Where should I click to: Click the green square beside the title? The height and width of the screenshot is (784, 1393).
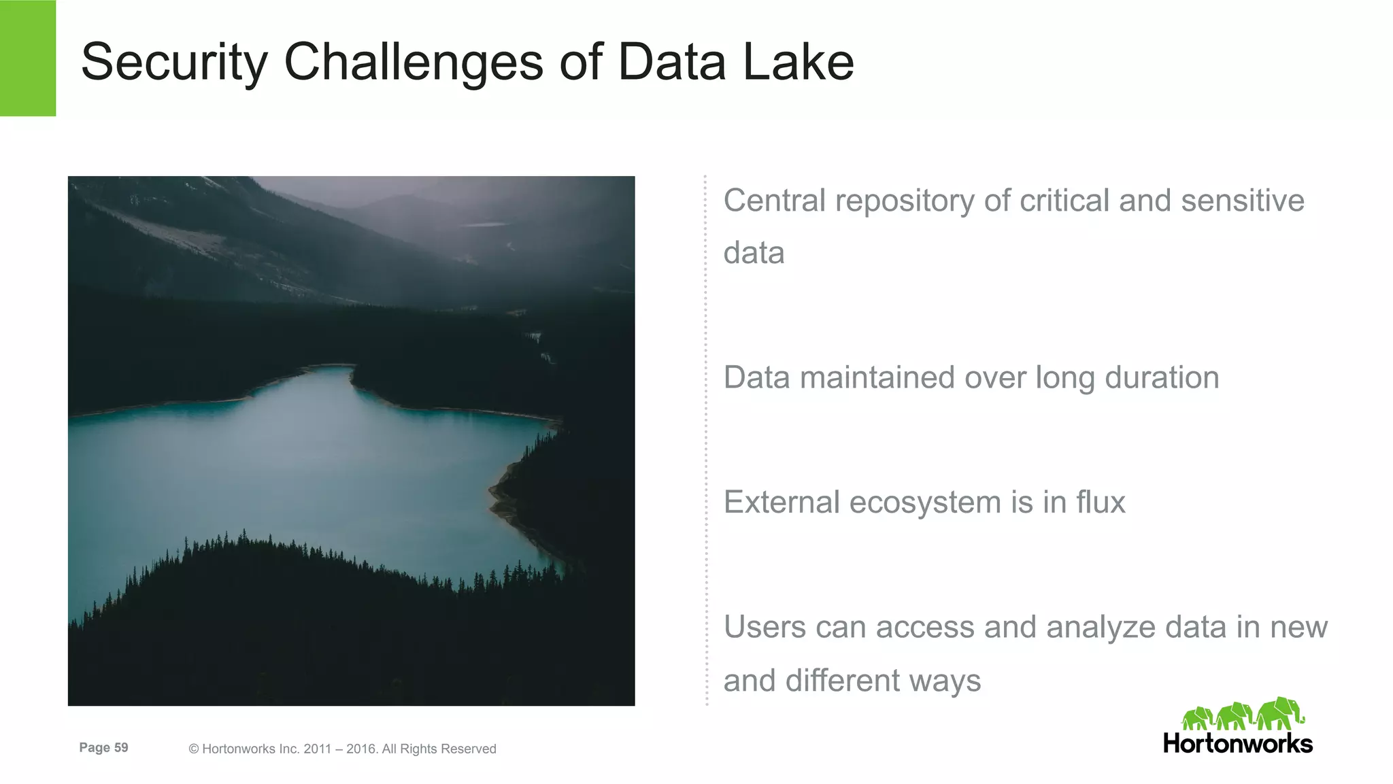click(28, 58)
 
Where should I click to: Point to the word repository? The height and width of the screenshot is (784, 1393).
click(905, 202)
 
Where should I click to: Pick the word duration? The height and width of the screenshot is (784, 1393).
click(1162, 378)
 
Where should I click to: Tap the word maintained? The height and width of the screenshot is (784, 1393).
click(877, 378)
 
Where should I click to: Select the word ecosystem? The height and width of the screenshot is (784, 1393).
click(925, 504)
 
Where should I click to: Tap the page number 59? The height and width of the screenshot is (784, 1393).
click(121, 748)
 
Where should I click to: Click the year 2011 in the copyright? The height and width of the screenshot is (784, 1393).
click(318, 749)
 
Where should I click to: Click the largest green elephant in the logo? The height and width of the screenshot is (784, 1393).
click(1280, 713)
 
